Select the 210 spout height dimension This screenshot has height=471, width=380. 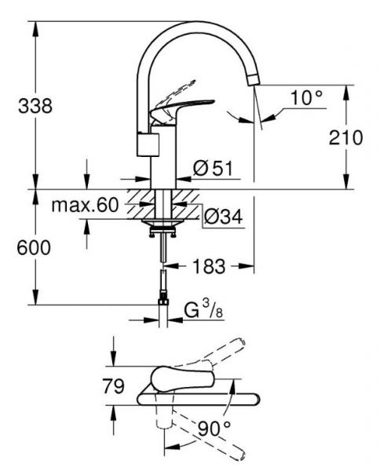[345, 137]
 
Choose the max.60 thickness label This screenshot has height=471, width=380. [84, 206]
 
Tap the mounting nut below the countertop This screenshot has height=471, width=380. [163, 229]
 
